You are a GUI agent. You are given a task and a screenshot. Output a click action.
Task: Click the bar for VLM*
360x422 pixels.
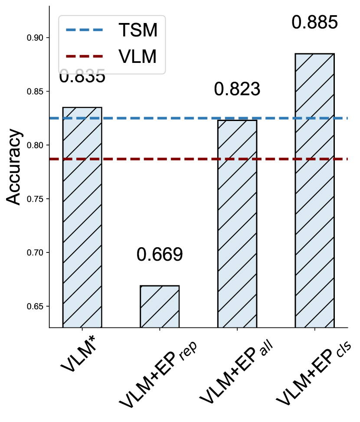tap(82, 217)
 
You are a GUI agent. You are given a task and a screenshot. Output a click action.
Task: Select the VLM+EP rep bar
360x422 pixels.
tap(160, 306)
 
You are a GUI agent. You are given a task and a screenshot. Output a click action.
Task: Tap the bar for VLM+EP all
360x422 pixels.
tap(237, 223)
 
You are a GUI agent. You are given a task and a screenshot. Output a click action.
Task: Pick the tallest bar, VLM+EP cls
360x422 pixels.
tap(314, 190)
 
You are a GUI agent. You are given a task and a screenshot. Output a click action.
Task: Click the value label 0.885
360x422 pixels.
tap(314, 23)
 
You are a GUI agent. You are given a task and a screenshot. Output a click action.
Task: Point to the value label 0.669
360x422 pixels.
tap(160, 255)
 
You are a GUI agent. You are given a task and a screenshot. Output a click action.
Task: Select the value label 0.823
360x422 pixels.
tap(237, 89)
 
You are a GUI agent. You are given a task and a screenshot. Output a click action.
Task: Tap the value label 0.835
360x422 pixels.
tap(82, 77)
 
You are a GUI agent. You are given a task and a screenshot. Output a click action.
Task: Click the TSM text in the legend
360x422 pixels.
tap(137, 30)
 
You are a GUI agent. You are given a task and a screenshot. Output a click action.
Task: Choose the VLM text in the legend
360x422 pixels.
tap(137, 56)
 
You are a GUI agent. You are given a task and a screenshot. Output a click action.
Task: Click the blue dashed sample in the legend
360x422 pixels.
tap(85, 30)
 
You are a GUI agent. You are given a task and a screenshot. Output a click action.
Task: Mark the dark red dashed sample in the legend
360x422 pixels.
tap(85, 56)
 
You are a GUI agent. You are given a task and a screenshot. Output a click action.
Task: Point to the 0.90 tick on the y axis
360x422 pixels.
tap(36, 38)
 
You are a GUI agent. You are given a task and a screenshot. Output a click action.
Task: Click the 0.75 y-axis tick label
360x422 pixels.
tap(36, 199)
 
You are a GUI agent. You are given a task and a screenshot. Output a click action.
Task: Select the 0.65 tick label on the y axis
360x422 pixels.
tap(36, 306)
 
